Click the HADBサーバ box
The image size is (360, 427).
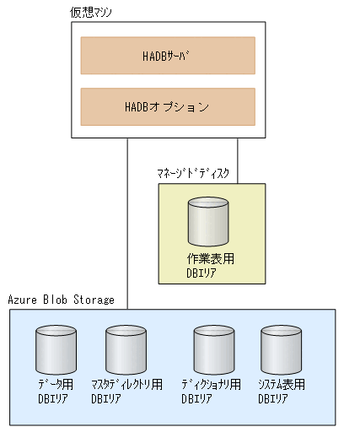click(167, 56)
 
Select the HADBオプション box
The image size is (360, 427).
click(167, 106)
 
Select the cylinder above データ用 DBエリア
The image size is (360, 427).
click(56, 349)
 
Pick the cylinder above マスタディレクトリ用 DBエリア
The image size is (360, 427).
click(126, 349)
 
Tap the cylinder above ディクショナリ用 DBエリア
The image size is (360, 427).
click(213, 349)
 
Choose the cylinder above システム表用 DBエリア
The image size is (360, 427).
click(282, 349)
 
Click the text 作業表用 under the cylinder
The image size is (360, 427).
click(210, 259)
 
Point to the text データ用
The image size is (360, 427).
click(56, 385)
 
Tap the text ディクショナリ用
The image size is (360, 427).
click(212, 385)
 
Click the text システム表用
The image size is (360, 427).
click(282, 385)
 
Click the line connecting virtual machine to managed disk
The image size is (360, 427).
click(237, 160)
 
